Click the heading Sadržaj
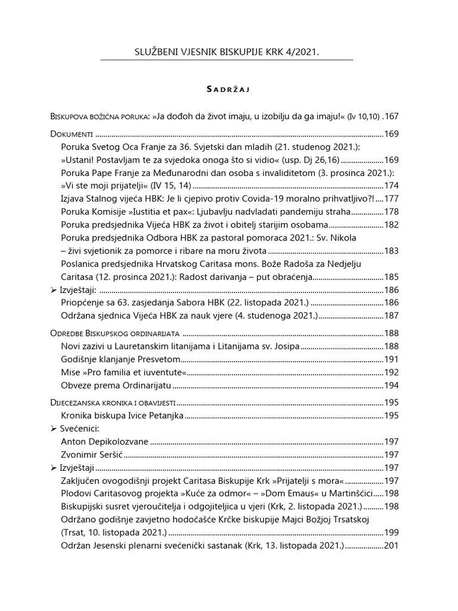(x=227, y=90)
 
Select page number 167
(x=391, y=116)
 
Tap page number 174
(x=391, y=186)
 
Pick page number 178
(x=391, y=212)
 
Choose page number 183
(x=391, y=251)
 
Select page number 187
(x=391, y=315)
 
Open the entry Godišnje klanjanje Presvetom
(x=120, y=359)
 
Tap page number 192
(x=391, y=372)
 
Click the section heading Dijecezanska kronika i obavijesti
(x=113, y=403)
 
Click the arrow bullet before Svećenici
(x=54, y=429)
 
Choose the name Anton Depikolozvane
(x=104, y=442)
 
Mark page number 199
(x=391, y=532)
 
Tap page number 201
(x=391, y=545)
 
